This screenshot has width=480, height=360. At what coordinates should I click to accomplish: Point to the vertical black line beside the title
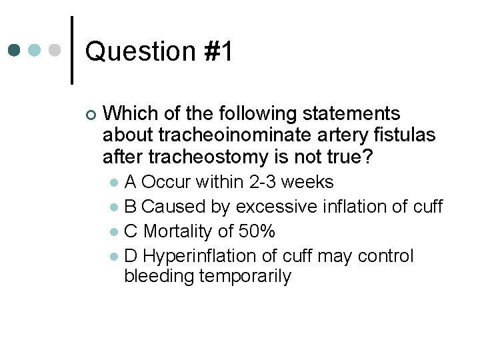pos(71,50)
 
